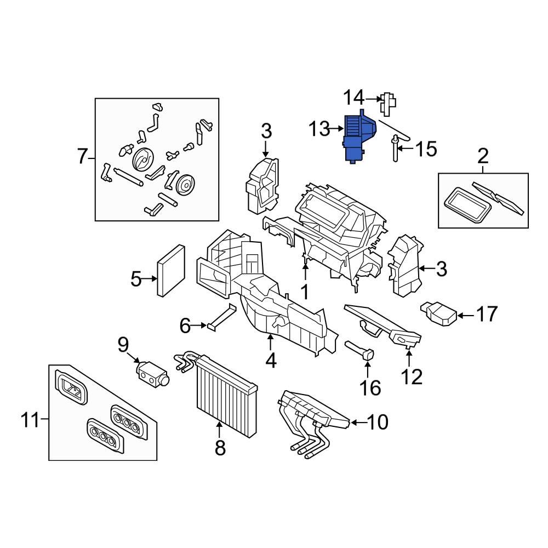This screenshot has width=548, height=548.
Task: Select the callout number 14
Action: click(353, 99)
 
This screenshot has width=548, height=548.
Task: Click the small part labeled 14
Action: click(389, 103)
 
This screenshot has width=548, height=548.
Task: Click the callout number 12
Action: click(411, 377)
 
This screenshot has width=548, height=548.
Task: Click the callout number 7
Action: click(82, 157)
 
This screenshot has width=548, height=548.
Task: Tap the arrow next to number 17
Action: click(464, 315)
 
